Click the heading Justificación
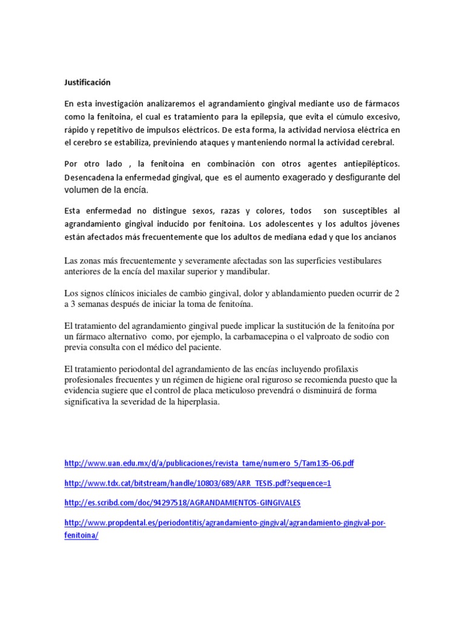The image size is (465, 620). click(87, 81)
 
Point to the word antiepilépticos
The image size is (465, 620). click(371, 164)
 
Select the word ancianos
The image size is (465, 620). click(381, 237)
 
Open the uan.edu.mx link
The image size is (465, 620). click(209, 464)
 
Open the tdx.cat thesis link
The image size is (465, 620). click(197, 483)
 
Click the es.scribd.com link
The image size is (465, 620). click(182, 503)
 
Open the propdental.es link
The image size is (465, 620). click(225, 523)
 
